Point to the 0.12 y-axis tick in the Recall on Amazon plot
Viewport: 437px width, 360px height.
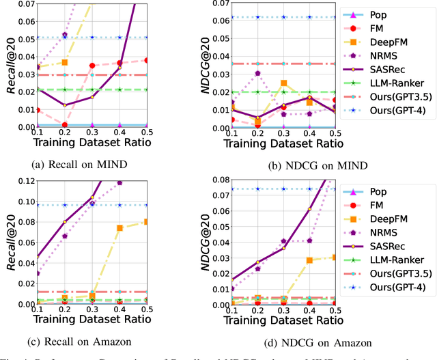point(16,181)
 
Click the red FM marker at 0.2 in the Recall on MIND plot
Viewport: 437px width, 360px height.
point(64,125)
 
